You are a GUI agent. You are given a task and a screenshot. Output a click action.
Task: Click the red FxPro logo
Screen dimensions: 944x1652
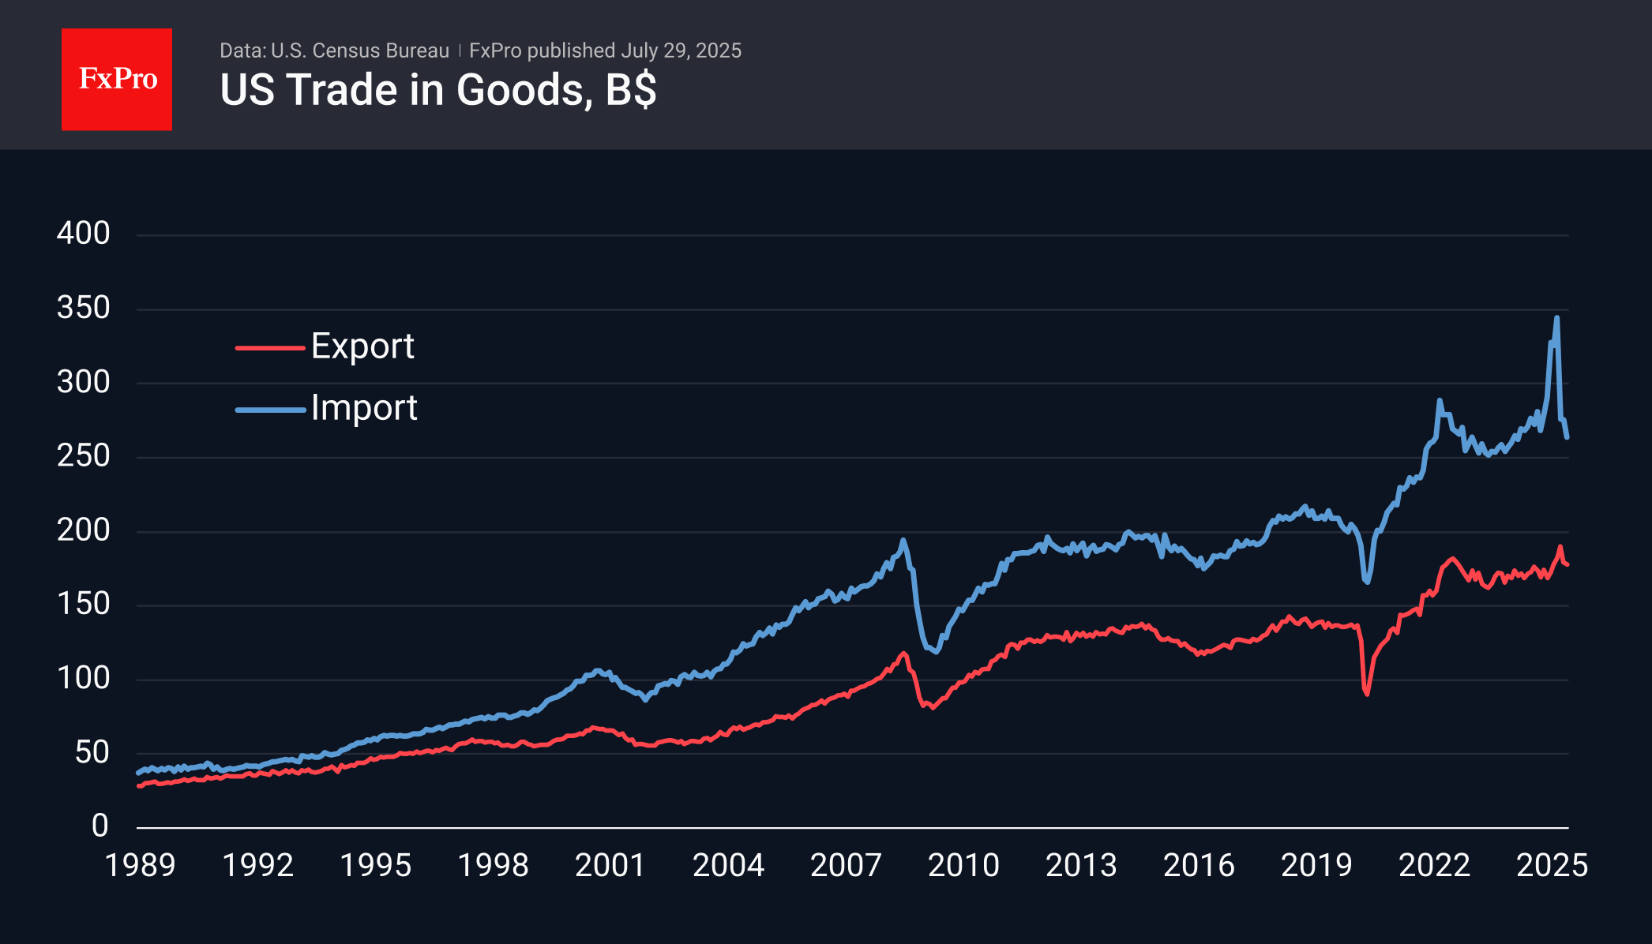pos(117,79)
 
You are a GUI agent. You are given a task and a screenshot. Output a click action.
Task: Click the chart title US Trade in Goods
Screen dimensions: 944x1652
pos(437,90)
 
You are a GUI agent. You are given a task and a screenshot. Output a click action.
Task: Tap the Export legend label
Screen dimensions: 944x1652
pos(362,347)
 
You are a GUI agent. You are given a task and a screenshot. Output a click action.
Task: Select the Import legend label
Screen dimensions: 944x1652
pos(364,408)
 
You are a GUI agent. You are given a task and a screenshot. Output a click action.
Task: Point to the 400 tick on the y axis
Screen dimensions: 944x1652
pos(84,234)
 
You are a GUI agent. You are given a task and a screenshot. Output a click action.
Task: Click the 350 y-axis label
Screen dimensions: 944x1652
pos(84,308)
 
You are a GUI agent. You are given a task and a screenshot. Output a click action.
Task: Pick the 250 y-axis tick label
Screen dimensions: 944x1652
pos(84,456)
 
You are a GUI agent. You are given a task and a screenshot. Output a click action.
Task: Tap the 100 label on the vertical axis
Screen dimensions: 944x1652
pos(84,679)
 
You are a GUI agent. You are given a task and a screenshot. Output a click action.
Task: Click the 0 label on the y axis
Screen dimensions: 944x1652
pos(99,826)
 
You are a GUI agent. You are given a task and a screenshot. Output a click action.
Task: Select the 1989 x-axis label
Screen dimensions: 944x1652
pos(141,866)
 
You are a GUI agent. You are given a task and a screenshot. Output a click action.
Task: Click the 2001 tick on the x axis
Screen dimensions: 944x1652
pos(610,866)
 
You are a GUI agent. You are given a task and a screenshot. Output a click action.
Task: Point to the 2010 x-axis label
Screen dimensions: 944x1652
pos(963,866)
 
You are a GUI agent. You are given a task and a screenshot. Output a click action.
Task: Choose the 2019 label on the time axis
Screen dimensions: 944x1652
pos(1316,866)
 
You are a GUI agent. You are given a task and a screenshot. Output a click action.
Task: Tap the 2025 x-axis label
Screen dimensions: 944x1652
pos(1552,866)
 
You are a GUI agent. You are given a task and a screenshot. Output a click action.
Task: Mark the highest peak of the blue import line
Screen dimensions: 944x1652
pos(1556,318)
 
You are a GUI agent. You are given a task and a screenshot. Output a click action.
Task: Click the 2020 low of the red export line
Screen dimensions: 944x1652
pos(1366,694)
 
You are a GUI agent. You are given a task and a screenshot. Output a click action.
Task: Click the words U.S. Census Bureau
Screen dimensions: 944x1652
pos(360,51)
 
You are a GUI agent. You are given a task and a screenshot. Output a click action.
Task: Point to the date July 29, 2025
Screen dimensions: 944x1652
pos(681,51)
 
